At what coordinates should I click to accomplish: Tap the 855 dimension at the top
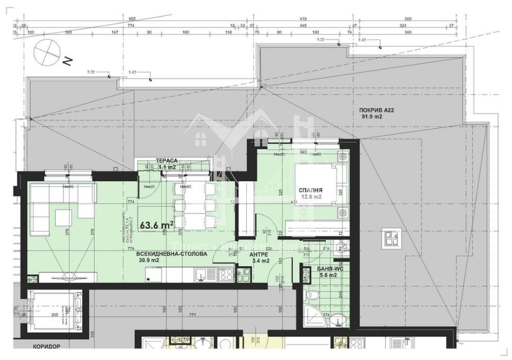132,18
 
